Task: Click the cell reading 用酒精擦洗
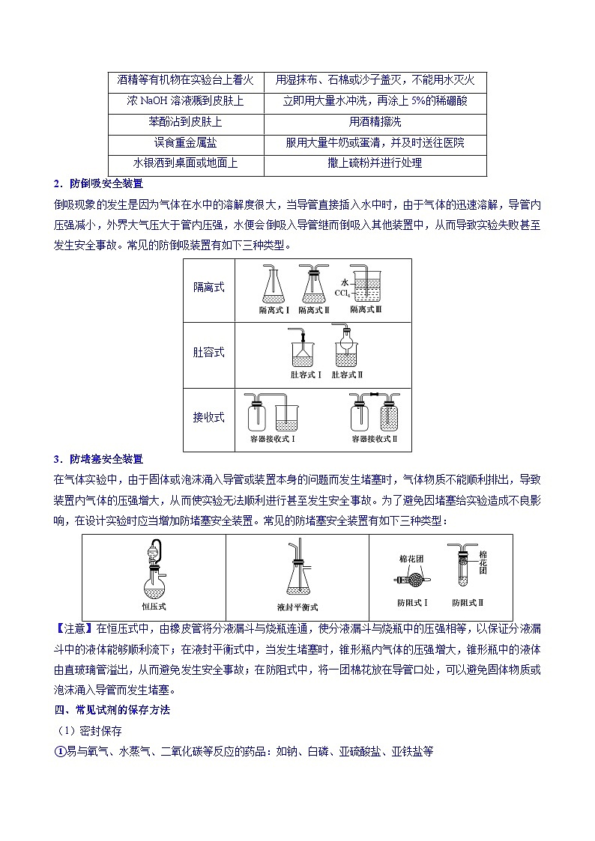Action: point(375,121)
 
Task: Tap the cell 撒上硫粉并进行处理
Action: point(375,163)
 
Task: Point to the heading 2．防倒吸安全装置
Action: point(98,183)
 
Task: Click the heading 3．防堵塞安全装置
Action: point(98,459)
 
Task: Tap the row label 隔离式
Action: point(208,288)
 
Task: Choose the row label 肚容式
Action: point(208,352)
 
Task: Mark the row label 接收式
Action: point(208,417)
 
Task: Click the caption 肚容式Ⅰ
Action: point(306,374)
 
